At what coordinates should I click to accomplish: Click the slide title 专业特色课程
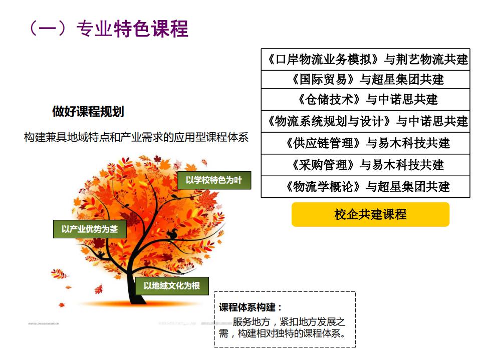pyautogui.click(x=132, y=29)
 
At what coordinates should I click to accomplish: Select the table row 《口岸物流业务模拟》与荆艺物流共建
pyautogui.click(x=365, y=60)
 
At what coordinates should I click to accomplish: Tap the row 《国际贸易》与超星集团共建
pyautogui.click(x=365, y=80)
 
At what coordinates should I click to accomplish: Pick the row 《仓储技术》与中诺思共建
pyautogui.click(x=365, y=100)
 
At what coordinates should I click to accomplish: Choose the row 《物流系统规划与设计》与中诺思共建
pyautogui.click(x=365, y=122)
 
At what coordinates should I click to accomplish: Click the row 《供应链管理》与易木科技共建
pyautogui.click(x=365, y=143)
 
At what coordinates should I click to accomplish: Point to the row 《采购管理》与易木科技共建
pyautogui.click(x=365, y=165)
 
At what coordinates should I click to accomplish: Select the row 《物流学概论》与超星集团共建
pyautogui.click(x=365, y=187)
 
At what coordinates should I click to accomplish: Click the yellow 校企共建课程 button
pyautogui.click(x=370, y=214)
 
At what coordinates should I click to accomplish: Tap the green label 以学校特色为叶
pyautogui.click(x=214, y=180)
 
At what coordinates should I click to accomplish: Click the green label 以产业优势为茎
pyautogui.click(x=90, y=229)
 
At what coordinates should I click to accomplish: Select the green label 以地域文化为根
pyautogui.click(x=172, y=286)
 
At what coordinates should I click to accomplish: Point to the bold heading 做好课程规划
pyautogui.click(x=88, y=111)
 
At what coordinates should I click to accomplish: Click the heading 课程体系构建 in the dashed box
pyautogui.click(x=250, y=307)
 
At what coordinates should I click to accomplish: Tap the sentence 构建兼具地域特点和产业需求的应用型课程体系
pyautogui.click(x=136, y=137)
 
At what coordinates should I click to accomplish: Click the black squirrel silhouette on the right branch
pyautogui.click(x=172, y=234)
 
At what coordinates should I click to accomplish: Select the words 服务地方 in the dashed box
pyautogui.click(x=251, y=321)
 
